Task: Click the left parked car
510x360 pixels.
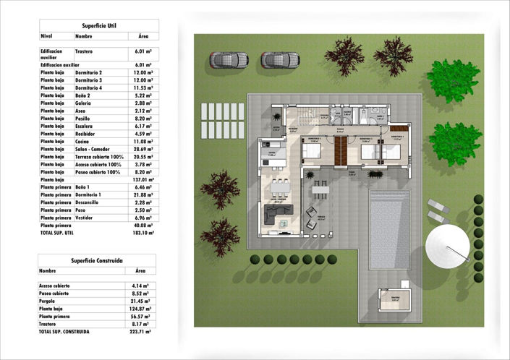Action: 229,59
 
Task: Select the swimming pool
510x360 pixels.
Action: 391,224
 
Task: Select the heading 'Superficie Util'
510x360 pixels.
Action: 98,25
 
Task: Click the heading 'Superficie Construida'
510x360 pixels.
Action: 96,260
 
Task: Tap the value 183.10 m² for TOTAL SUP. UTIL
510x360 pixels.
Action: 143,233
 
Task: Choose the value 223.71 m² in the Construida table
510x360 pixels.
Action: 140,332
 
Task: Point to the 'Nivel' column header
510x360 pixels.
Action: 47,35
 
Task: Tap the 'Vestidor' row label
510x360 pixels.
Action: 85,218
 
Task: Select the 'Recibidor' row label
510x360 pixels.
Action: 86,133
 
